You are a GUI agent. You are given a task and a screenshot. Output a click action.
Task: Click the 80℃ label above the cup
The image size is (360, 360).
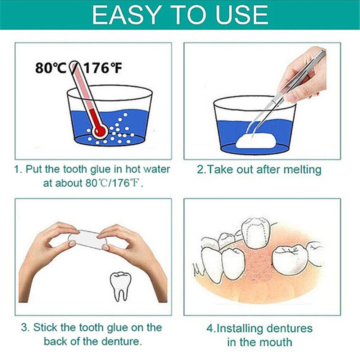click(51, 68)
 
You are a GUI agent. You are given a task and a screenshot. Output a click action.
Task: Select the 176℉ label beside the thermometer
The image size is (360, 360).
click(103, 68)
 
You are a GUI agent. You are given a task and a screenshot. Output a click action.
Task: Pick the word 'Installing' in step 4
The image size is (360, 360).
click(239, 328)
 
